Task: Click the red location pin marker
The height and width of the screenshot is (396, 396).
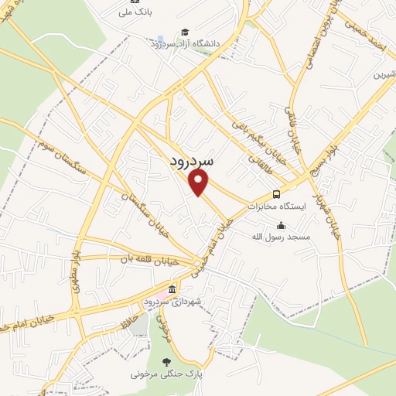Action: [x=200, y=182]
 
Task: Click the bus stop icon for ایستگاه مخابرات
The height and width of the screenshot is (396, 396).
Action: [x=277, y=194]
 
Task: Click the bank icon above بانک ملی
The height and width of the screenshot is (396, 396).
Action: [x=135, y=2]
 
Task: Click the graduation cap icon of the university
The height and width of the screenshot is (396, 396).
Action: [x=184, y=31]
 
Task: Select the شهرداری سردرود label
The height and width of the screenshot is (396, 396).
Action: [x=172, y=300]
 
